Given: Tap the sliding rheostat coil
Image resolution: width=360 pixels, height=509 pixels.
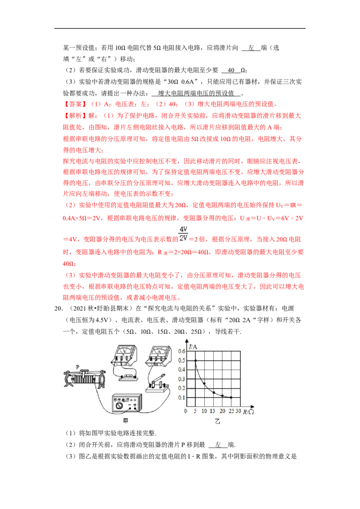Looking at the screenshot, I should click(85, 379).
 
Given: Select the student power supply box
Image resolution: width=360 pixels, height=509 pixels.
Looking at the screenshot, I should click(127, 403).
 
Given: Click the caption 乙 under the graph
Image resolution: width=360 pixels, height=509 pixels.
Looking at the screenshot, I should click(217, 422).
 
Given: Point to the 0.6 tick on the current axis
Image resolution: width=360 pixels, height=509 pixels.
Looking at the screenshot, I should click(181, 351).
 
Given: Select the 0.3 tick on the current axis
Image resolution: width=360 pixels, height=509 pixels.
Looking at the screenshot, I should click(181, 379).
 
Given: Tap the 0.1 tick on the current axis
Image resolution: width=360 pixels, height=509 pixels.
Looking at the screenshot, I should click(181, 398).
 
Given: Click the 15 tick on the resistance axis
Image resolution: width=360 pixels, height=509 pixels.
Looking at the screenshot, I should click(213, 411).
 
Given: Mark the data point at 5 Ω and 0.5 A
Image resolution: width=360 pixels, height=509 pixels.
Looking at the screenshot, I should click(195, 360).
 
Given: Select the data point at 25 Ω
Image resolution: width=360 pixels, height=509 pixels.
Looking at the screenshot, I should click(231, 397).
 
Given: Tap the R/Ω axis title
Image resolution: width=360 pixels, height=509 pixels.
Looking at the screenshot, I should click(249, 411).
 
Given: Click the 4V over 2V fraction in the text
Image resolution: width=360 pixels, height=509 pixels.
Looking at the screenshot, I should click(184, 233).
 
